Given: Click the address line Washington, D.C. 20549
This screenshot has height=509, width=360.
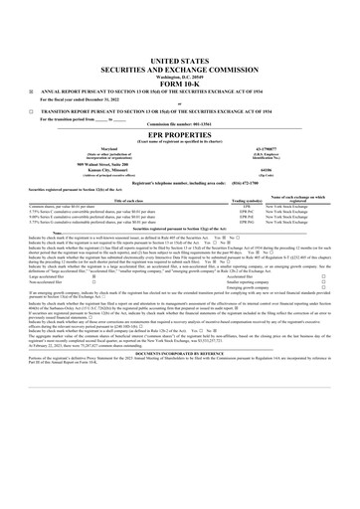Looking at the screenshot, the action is pyautogui.click(x=180, y=47).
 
